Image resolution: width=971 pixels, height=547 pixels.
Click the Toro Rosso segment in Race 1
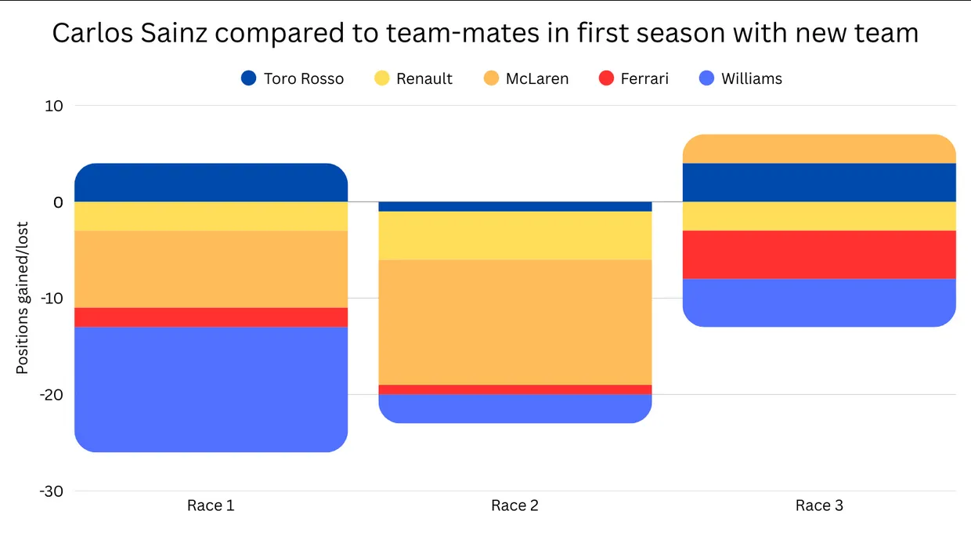(211, 182)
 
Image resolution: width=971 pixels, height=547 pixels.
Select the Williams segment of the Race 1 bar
(211, 389)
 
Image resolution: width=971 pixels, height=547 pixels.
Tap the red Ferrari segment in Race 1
(211, 317)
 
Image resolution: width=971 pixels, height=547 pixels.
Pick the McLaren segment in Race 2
(514, 321)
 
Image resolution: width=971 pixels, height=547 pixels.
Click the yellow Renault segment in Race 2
(514, 235)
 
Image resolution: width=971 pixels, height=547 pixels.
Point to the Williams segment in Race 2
(514, 408)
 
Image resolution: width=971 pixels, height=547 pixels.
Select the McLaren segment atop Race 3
(819, 148)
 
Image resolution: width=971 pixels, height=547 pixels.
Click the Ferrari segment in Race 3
(819, 255)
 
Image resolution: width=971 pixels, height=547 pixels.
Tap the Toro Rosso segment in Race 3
(819, 182)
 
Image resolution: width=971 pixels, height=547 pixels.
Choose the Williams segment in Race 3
(819, 302)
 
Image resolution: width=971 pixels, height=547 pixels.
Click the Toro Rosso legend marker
(249, 78)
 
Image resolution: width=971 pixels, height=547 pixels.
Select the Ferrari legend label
(644, 78)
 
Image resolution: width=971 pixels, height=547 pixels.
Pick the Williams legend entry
(751, 78)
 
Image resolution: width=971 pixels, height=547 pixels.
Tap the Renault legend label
(424, 78)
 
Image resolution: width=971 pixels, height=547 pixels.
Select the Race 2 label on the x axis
(514, 505)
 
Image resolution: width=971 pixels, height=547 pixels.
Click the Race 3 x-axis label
(819, 505)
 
